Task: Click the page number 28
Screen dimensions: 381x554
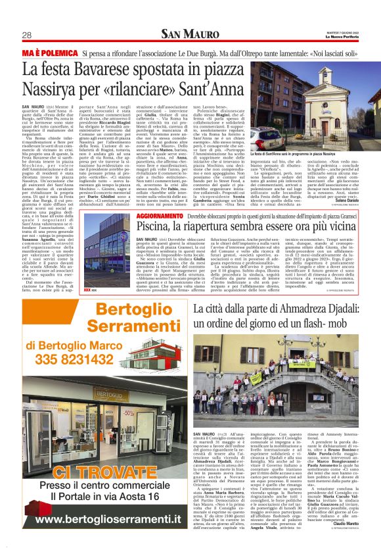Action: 27,35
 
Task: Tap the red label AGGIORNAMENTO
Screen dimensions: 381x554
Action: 161,215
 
